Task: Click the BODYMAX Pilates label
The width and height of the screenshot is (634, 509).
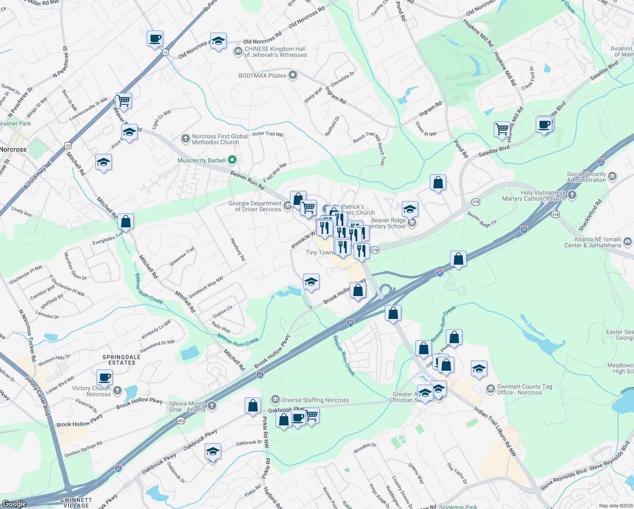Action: pyautogui.click(x=262, y=76)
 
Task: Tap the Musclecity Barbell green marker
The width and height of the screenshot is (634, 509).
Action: pyautogui.click(x=232, y=160)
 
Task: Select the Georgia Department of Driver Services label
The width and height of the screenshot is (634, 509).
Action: pyautogui.click(x=255, y=206)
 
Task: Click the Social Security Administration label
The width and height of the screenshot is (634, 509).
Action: pyautogui.click(x=587, y=177)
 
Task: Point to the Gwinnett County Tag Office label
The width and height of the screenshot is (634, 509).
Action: pyautogui.click(x=524, y=389)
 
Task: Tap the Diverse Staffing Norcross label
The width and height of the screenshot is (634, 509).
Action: pyautogui.click(x=315, y=400)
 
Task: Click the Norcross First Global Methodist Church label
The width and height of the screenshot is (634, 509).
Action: pyautogui.click(x=220, y=139)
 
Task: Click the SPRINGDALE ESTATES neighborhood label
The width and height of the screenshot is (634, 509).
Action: pyautogui.click(x=122, y=360)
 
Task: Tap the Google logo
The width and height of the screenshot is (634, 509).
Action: pyautogui.click(x=14, y=503)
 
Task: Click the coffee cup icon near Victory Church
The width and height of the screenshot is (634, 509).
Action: pyautogui.click(x=104, y=377)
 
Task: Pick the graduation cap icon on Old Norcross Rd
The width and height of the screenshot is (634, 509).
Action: pyautogui.click(x=218, y=41)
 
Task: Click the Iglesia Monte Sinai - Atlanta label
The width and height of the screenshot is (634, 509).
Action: pyautogui.click(x=187, y=406)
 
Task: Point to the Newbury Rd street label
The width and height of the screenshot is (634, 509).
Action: pyautogui.click(x=238, y=249)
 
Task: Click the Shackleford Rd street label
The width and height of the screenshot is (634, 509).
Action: pyautogui.click(x=590, y=215)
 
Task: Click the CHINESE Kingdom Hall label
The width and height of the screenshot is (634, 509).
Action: pyautogui.click(x=275, y=52)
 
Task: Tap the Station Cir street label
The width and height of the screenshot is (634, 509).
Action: pyautogui.click(x=222, y=312)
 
